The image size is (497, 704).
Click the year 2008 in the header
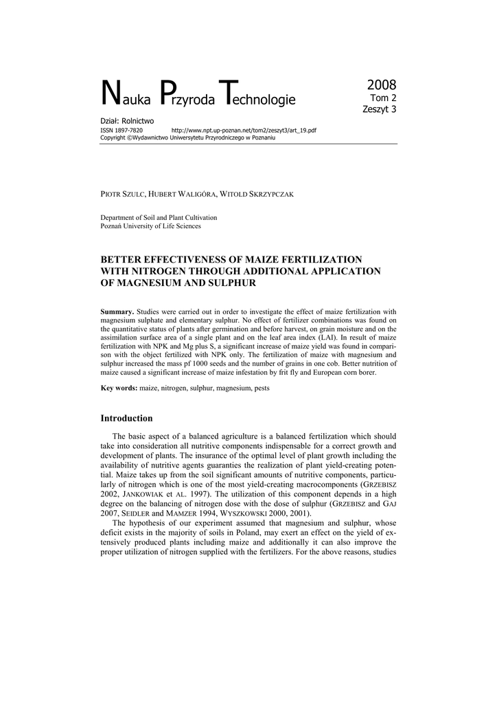pyautogui.click(x=382, y=85)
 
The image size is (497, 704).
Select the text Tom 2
pyautogui.click(x=384, y=98)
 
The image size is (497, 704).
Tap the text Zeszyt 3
pyautogui.click(x=380, y=109)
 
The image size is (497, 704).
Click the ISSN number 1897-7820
pyautogui.click(x=130, y=130)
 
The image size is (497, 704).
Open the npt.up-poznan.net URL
pyautogui.click(x=244, y=130)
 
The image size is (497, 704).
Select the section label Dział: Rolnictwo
pyautogui.click(x=127, y=121)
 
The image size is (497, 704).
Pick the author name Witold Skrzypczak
pyautogui.click(x=262, y=195)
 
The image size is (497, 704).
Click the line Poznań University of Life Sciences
pyautogui.click(x=151, y=225)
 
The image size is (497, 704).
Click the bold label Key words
pyautogui.click(x=119, y=388)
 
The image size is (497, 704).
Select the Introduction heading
pyautogui.click(x=127, y=418)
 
